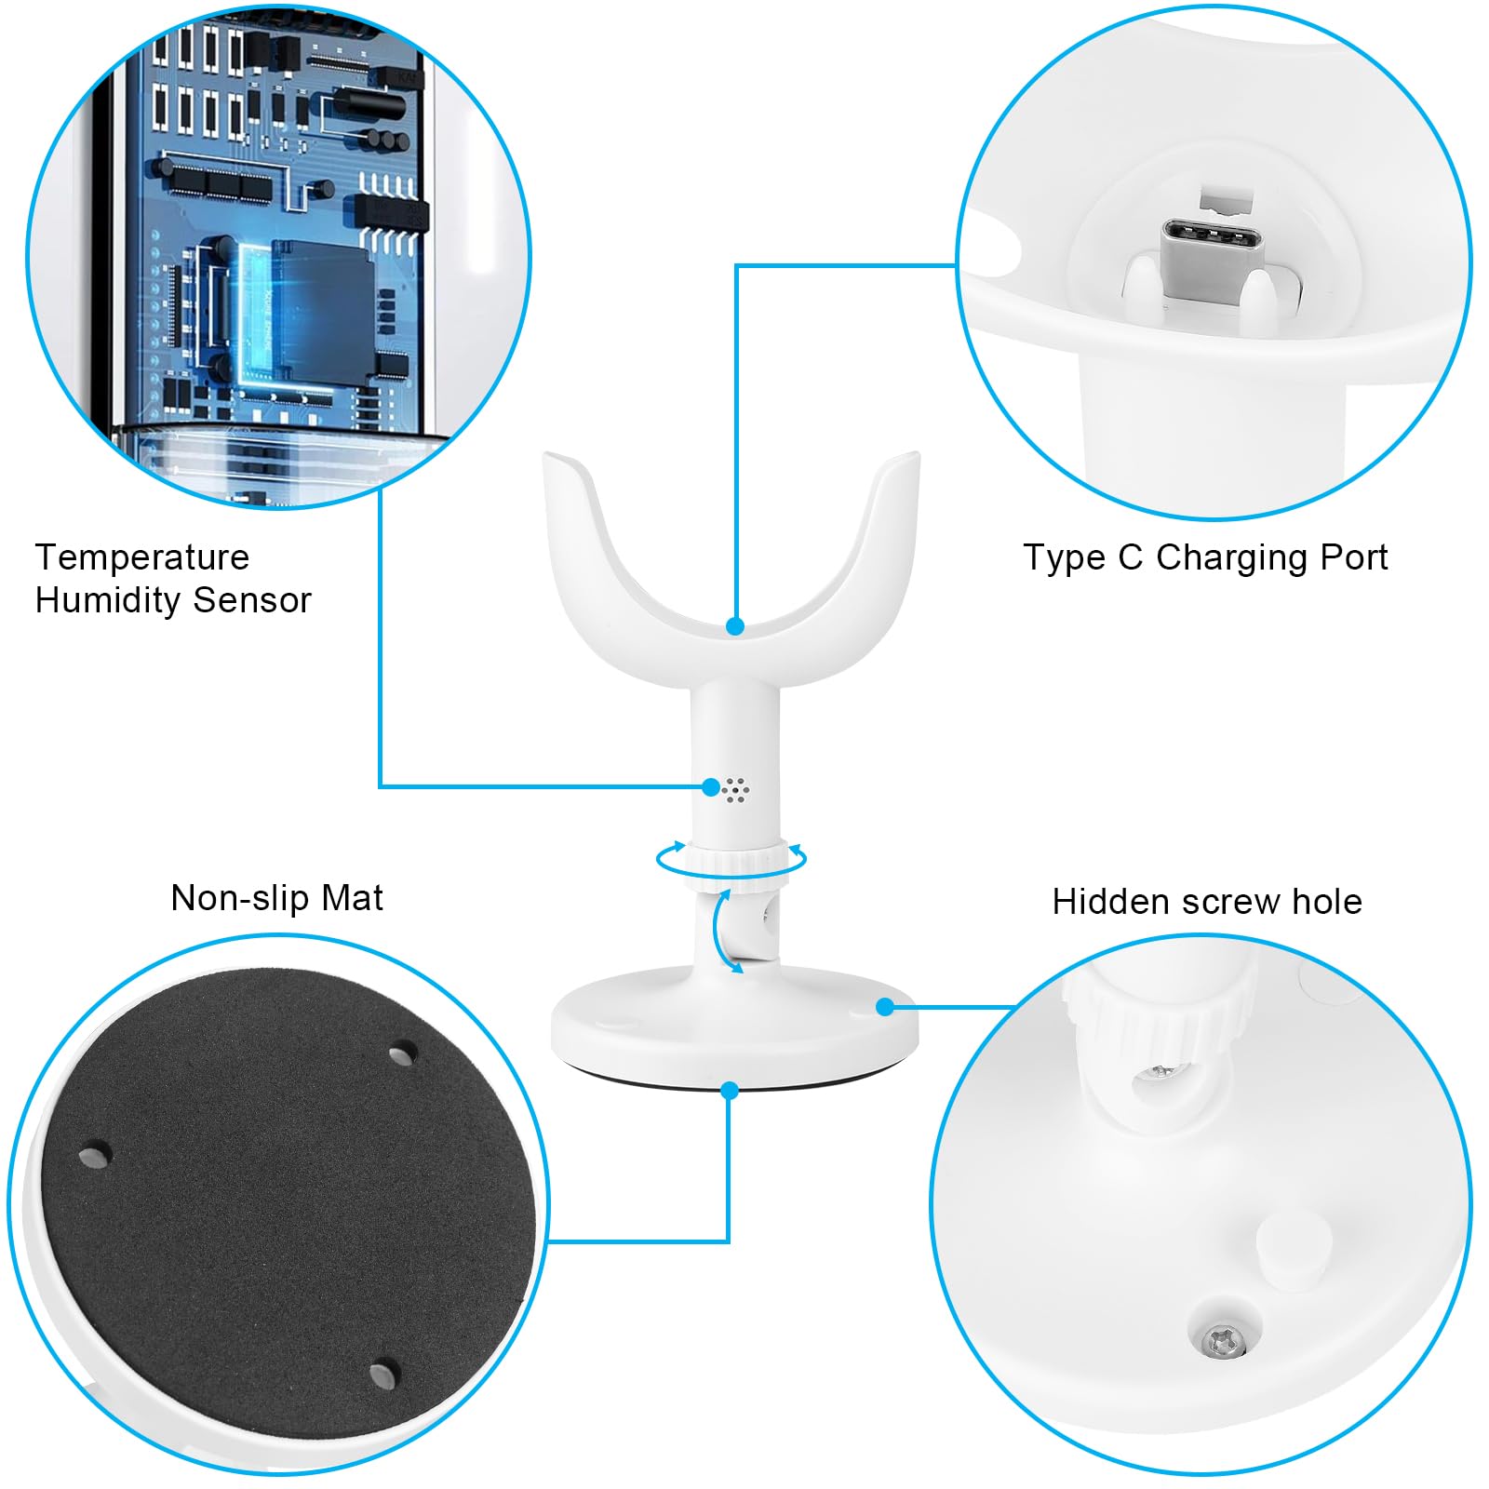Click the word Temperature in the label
pyautogui.click(x=142, y=557)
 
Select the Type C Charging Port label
pyautogui.click(x=1205, y=557)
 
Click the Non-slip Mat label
pyautogui.click(x=276, y=898)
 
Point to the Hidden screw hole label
pyautogui.click(x=1207, y=902)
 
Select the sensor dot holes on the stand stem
pyautogui.click(x=736, y=789)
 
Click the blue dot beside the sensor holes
pyautogui.click(x=711, y=787)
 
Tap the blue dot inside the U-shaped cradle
pyautogui.click(x=735, y=626)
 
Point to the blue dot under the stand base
pyautogui.click(x=730, y=1090)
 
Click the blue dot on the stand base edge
pyautogui.click(x=885, y=1007)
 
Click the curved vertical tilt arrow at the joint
pyautogui.click(x=720, y=932)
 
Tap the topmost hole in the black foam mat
pyautogui.click(x=402, y=1054)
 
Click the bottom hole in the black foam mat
pyautogui.click(x=382, y=1374)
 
